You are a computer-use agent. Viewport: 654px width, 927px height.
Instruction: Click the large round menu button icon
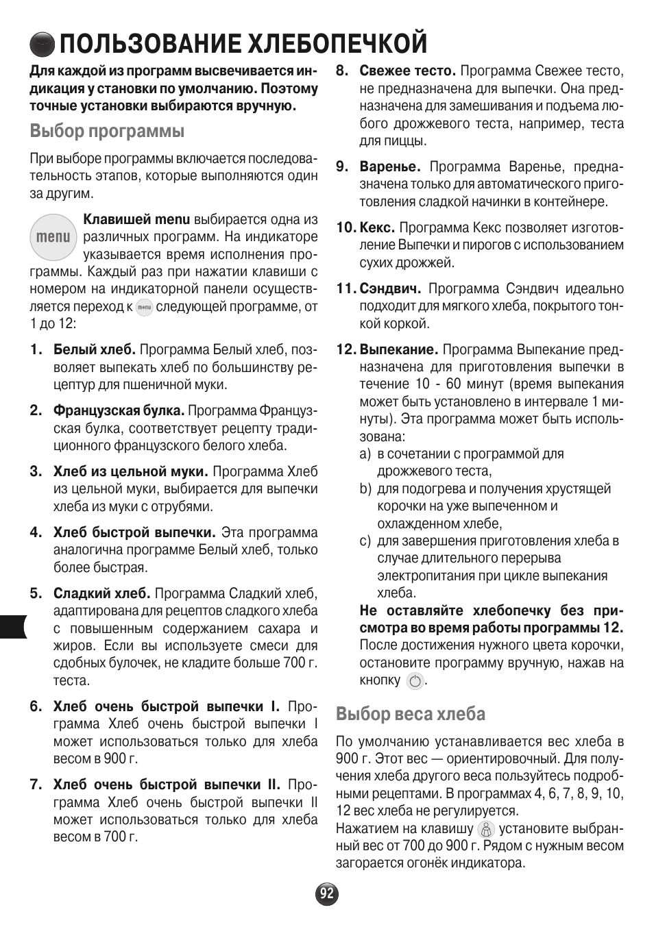pos(53,236)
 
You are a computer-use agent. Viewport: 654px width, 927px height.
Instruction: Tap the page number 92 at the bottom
pos(327,893)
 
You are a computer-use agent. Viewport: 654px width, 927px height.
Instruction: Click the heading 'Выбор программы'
pos(107,130)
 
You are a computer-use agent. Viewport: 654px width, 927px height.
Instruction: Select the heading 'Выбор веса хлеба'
pos(410,714)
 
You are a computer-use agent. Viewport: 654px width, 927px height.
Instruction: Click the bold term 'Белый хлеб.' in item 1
pos(95,350)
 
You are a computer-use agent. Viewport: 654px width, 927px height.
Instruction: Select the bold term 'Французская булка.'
pos(119,410)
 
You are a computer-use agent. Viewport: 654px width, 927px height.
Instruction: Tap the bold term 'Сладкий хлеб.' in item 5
pos(101,593)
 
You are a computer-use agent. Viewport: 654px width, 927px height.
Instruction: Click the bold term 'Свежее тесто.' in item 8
pos(407,71)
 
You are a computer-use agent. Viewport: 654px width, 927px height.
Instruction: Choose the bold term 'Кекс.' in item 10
pos(377,227)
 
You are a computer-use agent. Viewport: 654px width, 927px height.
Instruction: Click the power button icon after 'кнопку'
pos(415,681)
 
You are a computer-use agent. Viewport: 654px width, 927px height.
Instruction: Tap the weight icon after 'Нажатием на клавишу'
pos(486,829)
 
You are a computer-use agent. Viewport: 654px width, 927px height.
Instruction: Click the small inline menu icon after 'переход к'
pos(144,308)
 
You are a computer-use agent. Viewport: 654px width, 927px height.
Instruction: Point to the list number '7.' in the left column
pos(36,784)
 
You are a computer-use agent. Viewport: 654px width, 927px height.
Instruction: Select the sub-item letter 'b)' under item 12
pos(365,489)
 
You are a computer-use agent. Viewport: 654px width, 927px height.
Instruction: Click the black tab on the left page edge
pos(13,626)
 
